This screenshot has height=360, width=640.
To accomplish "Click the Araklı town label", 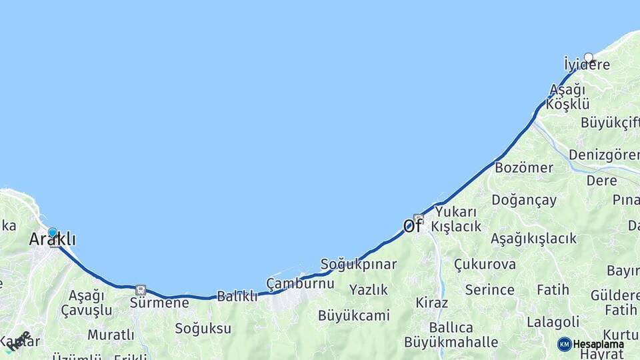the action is [52, 239].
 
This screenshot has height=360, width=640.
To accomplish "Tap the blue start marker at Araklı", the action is [53, 232].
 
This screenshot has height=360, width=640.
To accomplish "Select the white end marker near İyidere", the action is [589, 57].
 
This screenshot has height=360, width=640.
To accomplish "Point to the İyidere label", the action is [587, 65].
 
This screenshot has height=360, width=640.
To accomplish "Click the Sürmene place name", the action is [159, 303].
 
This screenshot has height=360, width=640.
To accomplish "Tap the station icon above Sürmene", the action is [140, 290].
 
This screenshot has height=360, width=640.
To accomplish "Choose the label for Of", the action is [412, 226].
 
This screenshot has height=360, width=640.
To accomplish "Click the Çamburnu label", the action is [300, 283].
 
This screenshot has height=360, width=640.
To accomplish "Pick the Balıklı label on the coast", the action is [237, 297].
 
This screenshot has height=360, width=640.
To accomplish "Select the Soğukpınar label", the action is [359, 263].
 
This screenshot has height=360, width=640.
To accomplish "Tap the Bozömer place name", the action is [524, 167].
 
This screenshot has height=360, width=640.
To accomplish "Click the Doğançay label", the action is [524, 200].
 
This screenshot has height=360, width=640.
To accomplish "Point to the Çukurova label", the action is [485, 264].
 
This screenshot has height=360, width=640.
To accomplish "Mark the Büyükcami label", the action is [353, 315].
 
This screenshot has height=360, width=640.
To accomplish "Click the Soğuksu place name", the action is [203, 328].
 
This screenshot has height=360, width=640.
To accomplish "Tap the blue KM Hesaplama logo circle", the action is [565, 344].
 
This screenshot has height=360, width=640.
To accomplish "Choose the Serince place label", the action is [489, 290].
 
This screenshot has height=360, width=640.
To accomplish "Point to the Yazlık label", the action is [369, 289].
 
